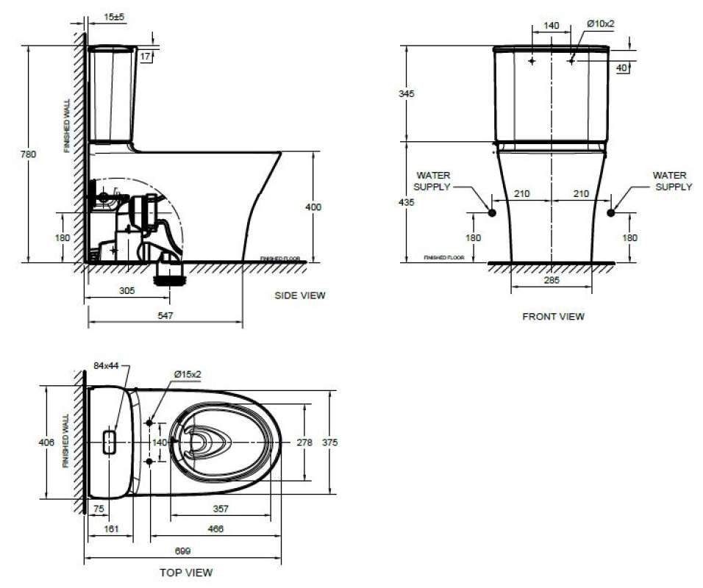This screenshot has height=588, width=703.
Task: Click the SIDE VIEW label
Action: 299,295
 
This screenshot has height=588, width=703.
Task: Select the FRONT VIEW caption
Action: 553,317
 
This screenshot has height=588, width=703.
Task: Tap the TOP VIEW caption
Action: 186,572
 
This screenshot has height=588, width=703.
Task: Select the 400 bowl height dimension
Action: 313,208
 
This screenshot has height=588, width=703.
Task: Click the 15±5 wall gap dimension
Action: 113,15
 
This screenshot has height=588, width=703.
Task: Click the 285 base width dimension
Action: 552,280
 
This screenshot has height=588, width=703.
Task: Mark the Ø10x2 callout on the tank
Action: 600,24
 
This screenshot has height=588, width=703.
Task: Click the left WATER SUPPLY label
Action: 432,182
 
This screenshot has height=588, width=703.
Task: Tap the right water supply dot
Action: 610,212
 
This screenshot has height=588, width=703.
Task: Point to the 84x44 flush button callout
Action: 107,365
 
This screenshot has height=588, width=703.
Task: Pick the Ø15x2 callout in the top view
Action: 188,374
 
